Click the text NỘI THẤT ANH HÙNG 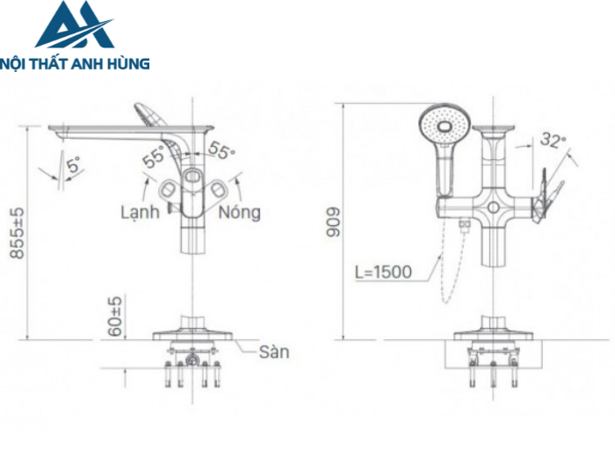pyautogui.click(x=76, y=63)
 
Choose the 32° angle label pyautogui.click(x=553, y=140)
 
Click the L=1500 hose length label pyautogui.click(x=383, y=272)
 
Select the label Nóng pyautogui.click(x=239, y=213)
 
